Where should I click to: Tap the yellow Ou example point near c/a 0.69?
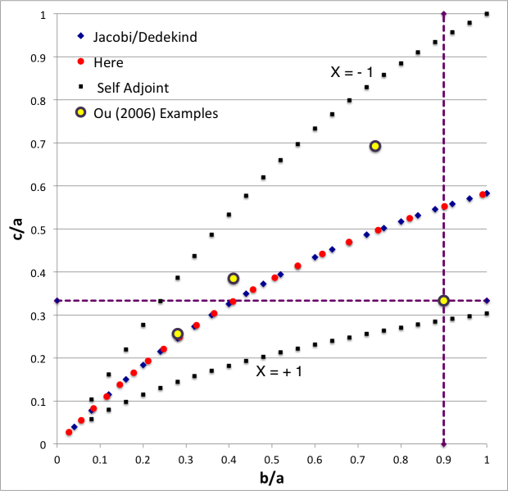(375, 146)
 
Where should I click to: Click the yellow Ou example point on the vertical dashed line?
(443, 301)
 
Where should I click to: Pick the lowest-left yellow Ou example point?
(178, 334)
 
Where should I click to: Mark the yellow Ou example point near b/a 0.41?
(234, 279)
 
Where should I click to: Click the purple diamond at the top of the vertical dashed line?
(443, 15)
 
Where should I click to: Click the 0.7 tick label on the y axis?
(35, 143)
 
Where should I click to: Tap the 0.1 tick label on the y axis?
(35, 402)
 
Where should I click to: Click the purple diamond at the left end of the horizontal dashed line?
(57, 301)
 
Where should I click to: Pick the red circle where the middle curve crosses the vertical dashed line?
(444, 207)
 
